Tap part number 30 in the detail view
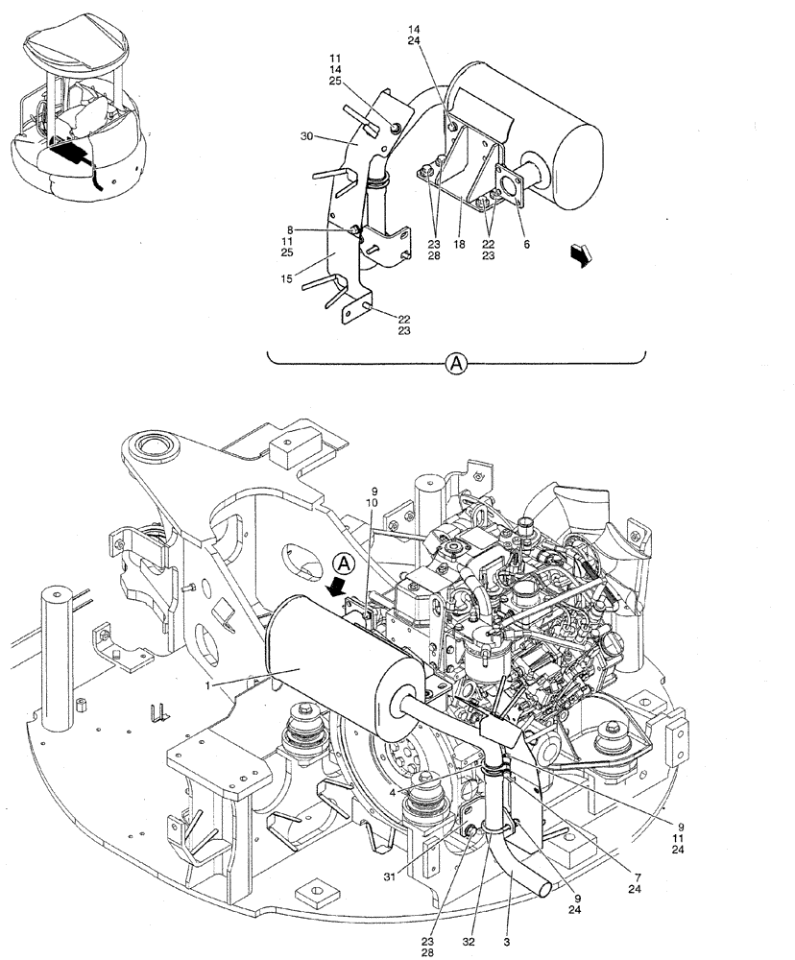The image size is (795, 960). tap(306, 137)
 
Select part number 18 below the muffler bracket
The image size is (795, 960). tap(460, 246)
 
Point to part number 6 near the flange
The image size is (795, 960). tap(525, 246)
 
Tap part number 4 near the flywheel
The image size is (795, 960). tap(395, 792)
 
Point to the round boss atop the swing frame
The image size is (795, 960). tap(151, 447)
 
